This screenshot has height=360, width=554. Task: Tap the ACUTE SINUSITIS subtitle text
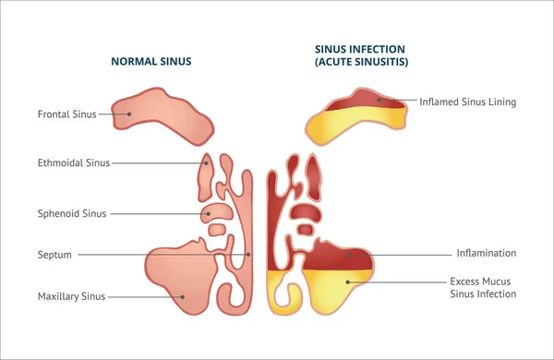(x=361, y=62)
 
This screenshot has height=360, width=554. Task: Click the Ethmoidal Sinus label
(x=73, y=163)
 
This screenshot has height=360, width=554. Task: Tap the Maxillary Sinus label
(x=71, y=296)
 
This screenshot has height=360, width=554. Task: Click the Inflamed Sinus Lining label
(x=467, y=102)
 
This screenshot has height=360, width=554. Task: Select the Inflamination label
(x=486, y=253)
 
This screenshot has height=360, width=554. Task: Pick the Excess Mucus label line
(x=480, y=281)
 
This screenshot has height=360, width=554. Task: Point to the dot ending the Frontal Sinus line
(x=130, y=114)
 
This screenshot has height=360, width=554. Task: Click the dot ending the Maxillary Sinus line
(x=183, y=296)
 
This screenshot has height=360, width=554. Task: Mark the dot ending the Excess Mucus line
(x=348, y=282)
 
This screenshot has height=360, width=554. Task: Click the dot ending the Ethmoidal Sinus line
(x=208, y=163)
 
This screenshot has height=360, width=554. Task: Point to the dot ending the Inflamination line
(x=349, y=254)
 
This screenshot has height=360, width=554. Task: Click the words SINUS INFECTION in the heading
(x=360, y=49)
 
